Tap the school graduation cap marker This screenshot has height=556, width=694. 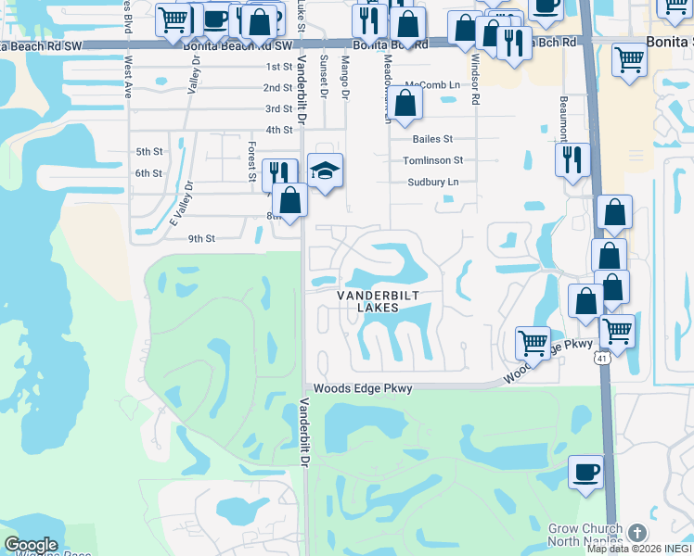(x=325, y=171)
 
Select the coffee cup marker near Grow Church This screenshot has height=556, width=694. (x=585, y=472)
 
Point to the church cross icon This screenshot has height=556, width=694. (x=636, y=533)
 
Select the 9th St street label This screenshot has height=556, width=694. (x=201, y=238)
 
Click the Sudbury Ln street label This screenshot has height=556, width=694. (x=433, y=183)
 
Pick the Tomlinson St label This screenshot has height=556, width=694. (x=432, y=160)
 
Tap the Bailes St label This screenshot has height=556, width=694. (x=432, y=139)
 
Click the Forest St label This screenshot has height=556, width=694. (x=251, y=160)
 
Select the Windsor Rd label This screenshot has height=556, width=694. (x=475, y=78)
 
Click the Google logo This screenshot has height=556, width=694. (x=31, y=546)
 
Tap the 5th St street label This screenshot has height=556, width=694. (x=148, y=152)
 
